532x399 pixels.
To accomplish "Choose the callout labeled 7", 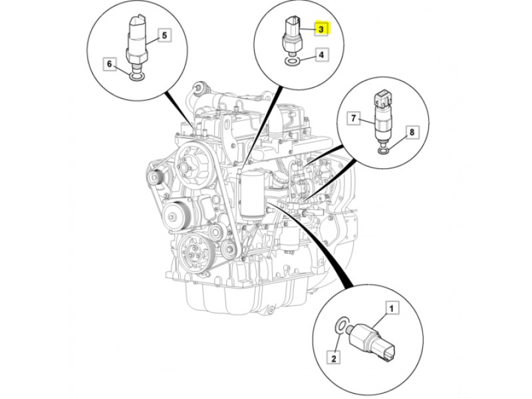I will click(354, 119).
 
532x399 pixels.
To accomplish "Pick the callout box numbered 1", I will click(392, 308).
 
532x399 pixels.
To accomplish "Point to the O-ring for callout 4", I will click(292, 61).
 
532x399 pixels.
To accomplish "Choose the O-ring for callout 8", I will click(384, 150).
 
